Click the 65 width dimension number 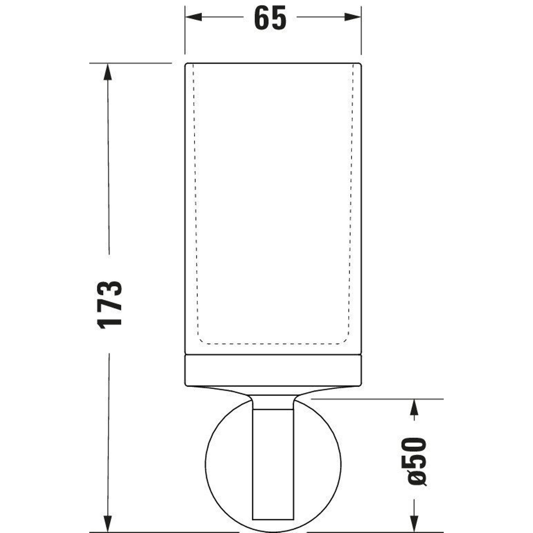270,18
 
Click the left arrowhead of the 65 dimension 193,17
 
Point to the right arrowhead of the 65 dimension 353,17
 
